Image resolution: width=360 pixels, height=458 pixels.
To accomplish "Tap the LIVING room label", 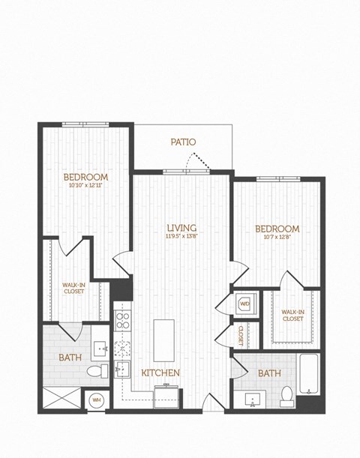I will click(x=181, y=227).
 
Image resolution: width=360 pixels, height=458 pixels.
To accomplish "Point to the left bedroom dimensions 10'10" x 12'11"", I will click(x=87, y=185).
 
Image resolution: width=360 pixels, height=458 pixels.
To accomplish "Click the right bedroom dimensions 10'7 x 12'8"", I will click(x=277, y=238).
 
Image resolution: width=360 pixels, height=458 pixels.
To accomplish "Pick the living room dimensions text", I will click(x=181, y=236).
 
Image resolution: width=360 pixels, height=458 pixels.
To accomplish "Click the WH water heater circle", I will click(x=96, y=400).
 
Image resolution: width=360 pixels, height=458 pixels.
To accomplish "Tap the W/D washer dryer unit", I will click(x=245, y=305).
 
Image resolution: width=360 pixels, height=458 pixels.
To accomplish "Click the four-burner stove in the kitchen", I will click(x=122, y=322).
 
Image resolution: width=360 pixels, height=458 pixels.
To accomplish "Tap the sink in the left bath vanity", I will click(x=100, y=348).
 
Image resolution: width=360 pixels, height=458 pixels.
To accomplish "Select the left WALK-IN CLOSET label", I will click(x=73, y=288).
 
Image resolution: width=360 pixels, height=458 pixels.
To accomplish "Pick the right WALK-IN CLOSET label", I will click(x=292, y=315).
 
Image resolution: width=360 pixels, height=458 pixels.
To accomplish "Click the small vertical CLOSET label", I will click(x=240, y=334).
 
